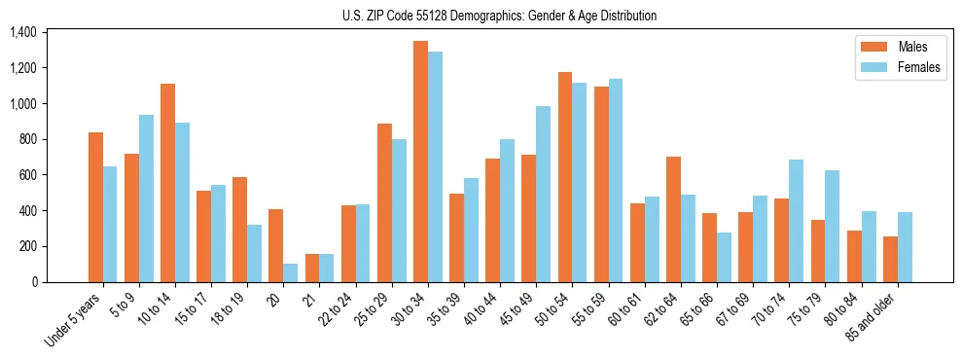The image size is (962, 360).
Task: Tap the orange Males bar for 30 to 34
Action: [420, 162]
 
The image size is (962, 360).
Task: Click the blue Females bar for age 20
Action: [290, 272]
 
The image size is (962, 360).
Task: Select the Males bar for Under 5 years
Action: [95, 207]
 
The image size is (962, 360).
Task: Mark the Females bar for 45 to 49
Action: [543, 194]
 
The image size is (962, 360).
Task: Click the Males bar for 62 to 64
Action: [673, 219]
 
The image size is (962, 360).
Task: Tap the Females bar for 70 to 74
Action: [796, 221]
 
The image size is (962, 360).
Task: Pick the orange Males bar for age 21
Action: [312, 268]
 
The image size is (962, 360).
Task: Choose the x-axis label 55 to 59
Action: [587, 311]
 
